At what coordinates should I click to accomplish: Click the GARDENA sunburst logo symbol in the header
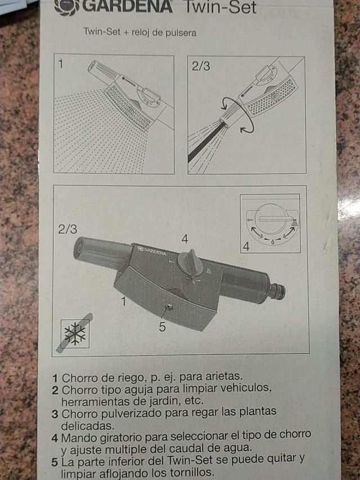[x=67, y=7]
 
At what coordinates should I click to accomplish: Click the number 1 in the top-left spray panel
[x=61, y=64]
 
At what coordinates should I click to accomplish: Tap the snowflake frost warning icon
[x=75, y=333]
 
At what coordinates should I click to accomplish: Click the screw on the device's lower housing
[x=167, y=307]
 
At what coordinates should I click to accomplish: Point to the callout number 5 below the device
[x=161, y=326]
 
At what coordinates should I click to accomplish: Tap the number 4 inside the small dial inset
[x=246, y=246]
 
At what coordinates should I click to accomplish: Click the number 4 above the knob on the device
[x=184, y=239]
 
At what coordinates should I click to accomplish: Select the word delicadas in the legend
[x=87, y=425]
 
